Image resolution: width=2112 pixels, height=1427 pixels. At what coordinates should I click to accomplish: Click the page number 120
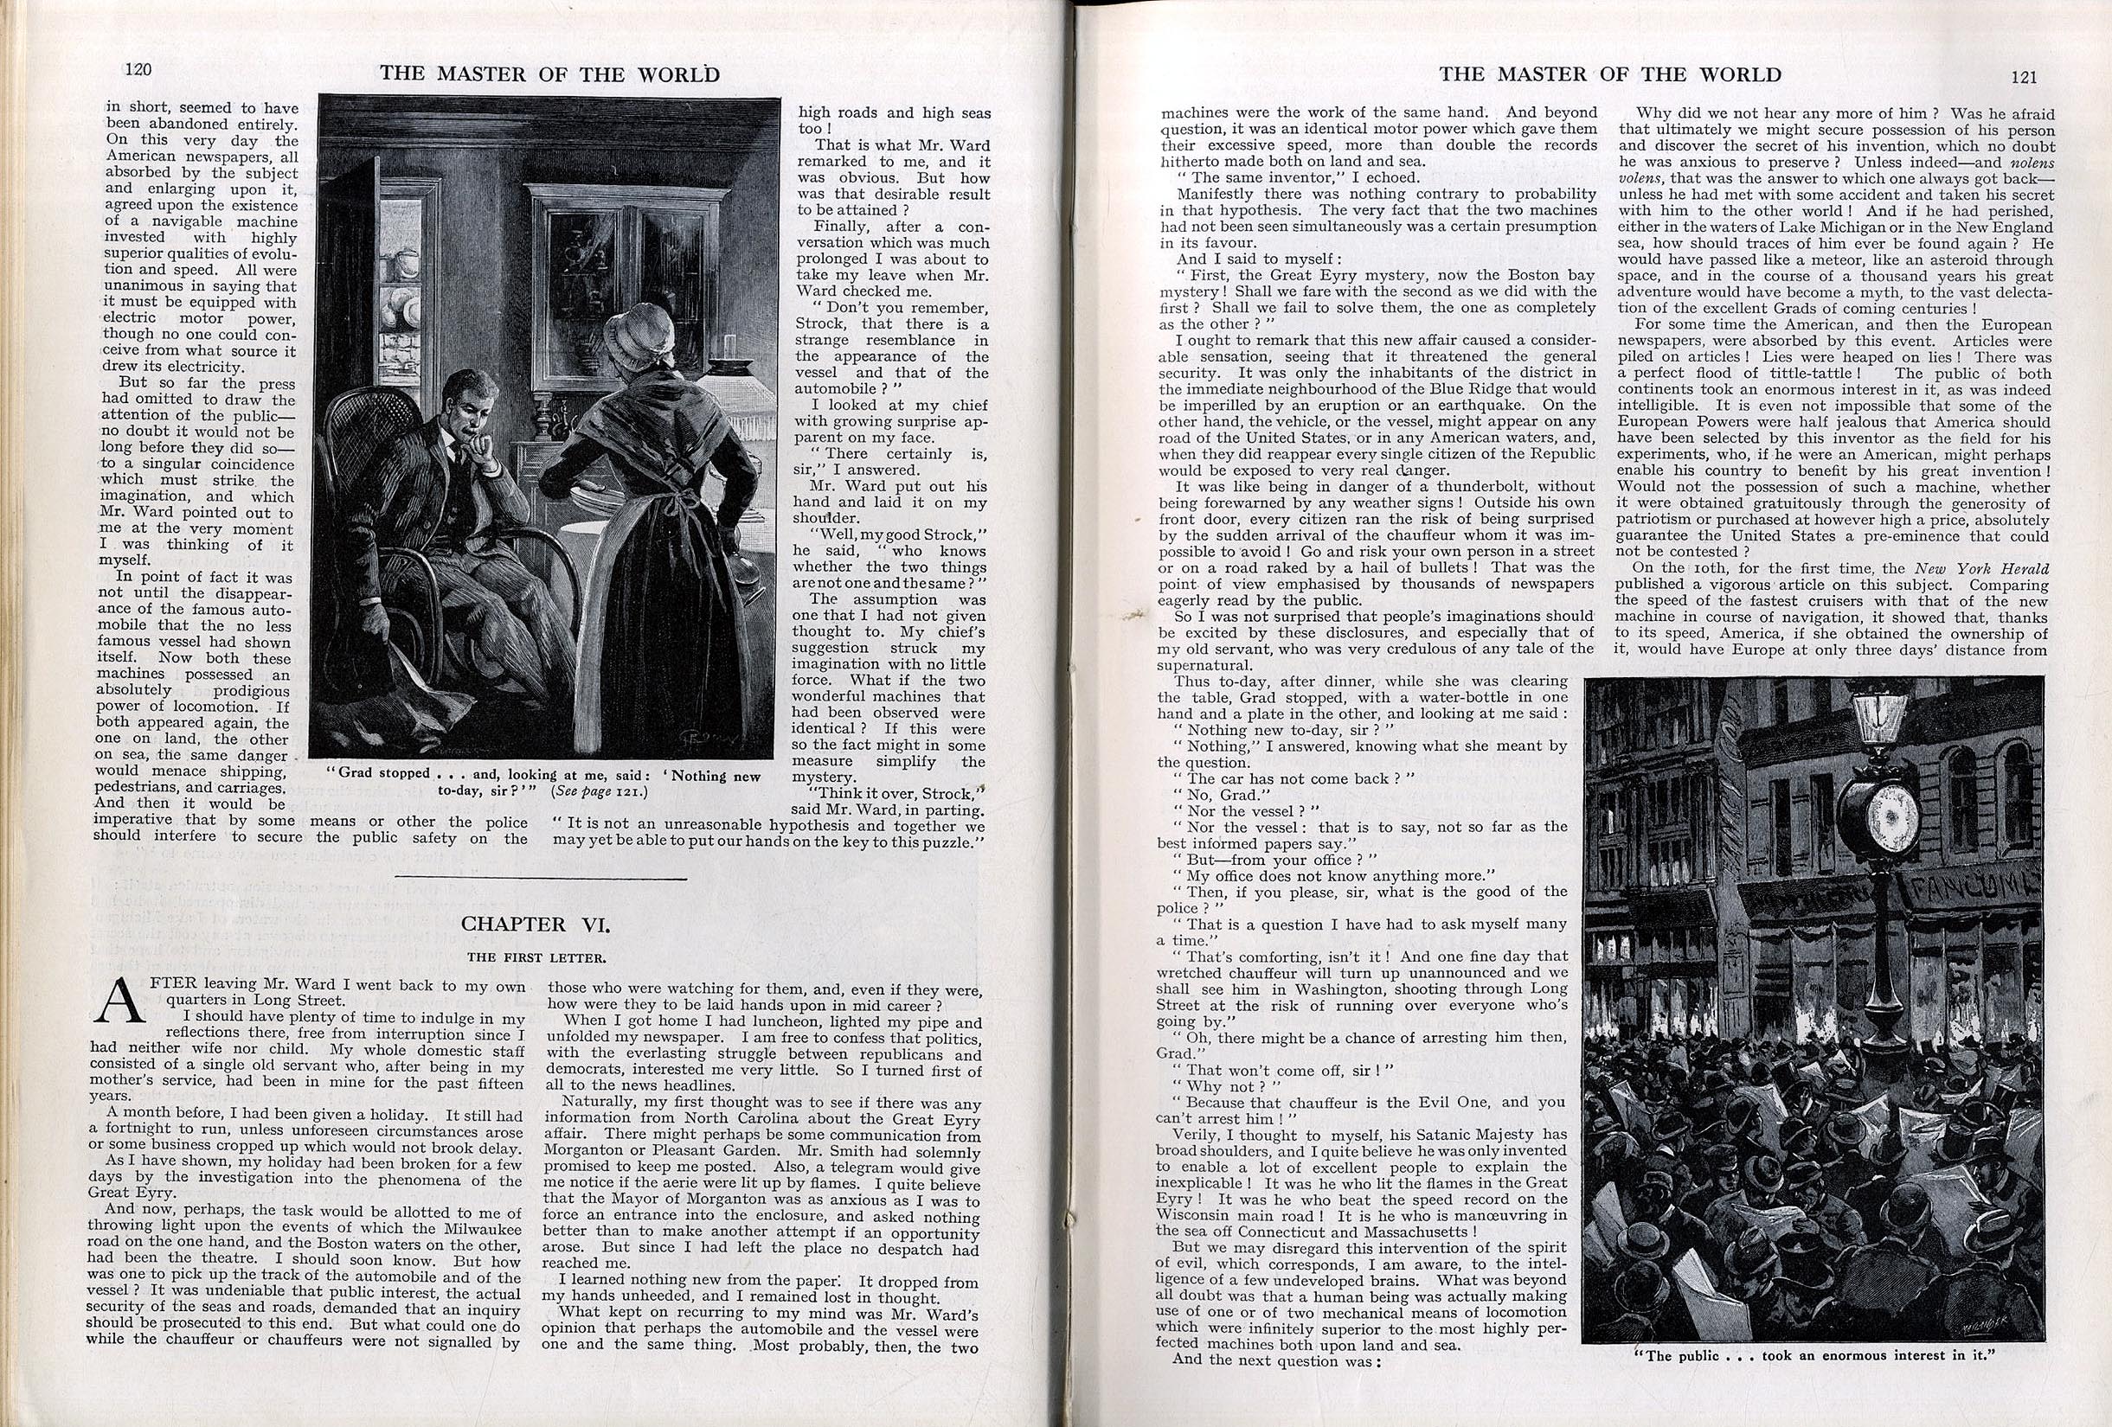coord(138,70)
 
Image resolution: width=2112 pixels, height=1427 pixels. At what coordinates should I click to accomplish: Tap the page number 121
coord(2024,77)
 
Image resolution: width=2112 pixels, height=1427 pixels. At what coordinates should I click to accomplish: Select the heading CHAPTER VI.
coord(536,924)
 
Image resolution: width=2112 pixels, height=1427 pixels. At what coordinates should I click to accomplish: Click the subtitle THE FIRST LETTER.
coord(536,957)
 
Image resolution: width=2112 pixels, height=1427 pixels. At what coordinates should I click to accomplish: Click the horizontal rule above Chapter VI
coord(542,879)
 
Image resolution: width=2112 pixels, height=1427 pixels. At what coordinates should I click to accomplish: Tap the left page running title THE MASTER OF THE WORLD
coord(549,74)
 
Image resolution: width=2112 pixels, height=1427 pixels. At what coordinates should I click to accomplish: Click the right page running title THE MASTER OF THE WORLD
coord(1609,74)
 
